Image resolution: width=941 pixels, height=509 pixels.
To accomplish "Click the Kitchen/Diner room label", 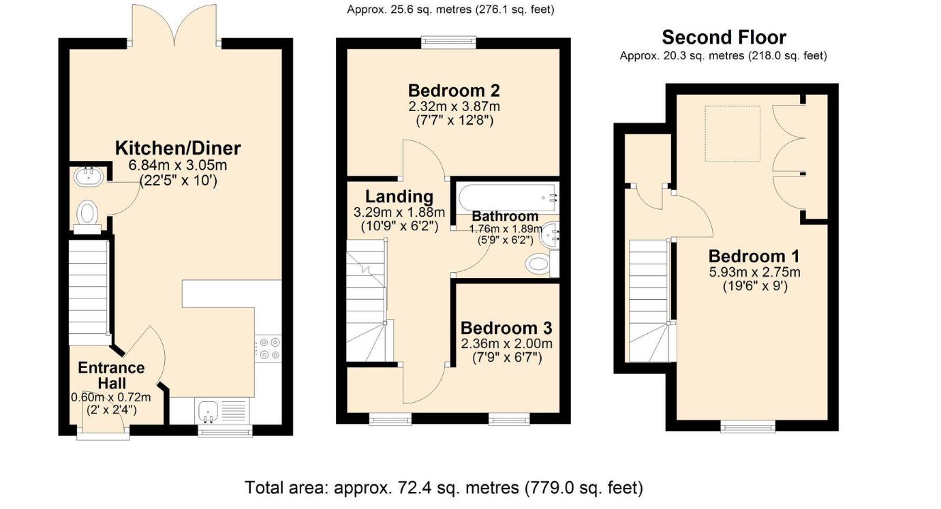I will [x=177, y=148].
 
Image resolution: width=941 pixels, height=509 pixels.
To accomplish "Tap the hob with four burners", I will [x=268, y=348].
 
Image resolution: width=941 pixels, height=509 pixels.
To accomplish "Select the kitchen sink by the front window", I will [x=208, y=411].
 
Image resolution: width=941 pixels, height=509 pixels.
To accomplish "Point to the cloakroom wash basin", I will [x=88, y=177].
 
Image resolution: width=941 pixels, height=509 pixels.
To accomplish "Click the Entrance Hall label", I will [x=111, y=375].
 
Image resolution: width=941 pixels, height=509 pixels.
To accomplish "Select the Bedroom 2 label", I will [x=454, y=90].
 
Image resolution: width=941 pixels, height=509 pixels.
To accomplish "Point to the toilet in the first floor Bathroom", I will [x=539, y=264].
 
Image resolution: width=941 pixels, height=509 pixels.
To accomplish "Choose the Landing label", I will [x=399, y=196].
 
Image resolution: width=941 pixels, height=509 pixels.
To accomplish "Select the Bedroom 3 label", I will [x=506, y=327].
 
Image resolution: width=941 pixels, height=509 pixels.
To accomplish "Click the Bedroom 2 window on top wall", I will [x=448, y=42].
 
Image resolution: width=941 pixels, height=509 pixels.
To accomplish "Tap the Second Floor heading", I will [x=724, y=37].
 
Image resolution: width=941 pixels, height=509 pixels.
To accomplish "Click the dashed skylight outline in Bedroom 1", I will [x=732, y=134].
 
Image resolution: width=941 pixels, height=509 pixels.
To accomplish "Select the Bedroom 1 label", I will [x=754, y=256].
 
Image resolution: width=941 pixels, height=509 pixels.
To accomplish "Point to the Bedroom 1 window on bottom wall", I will [x=748, y=427].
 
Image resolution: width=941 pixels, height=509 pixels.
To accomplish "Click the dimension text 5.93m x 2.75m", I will [x=754, y=272].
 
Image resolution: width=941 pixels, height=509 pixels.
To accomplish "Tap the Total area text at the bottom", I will [x=444, y=488].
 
